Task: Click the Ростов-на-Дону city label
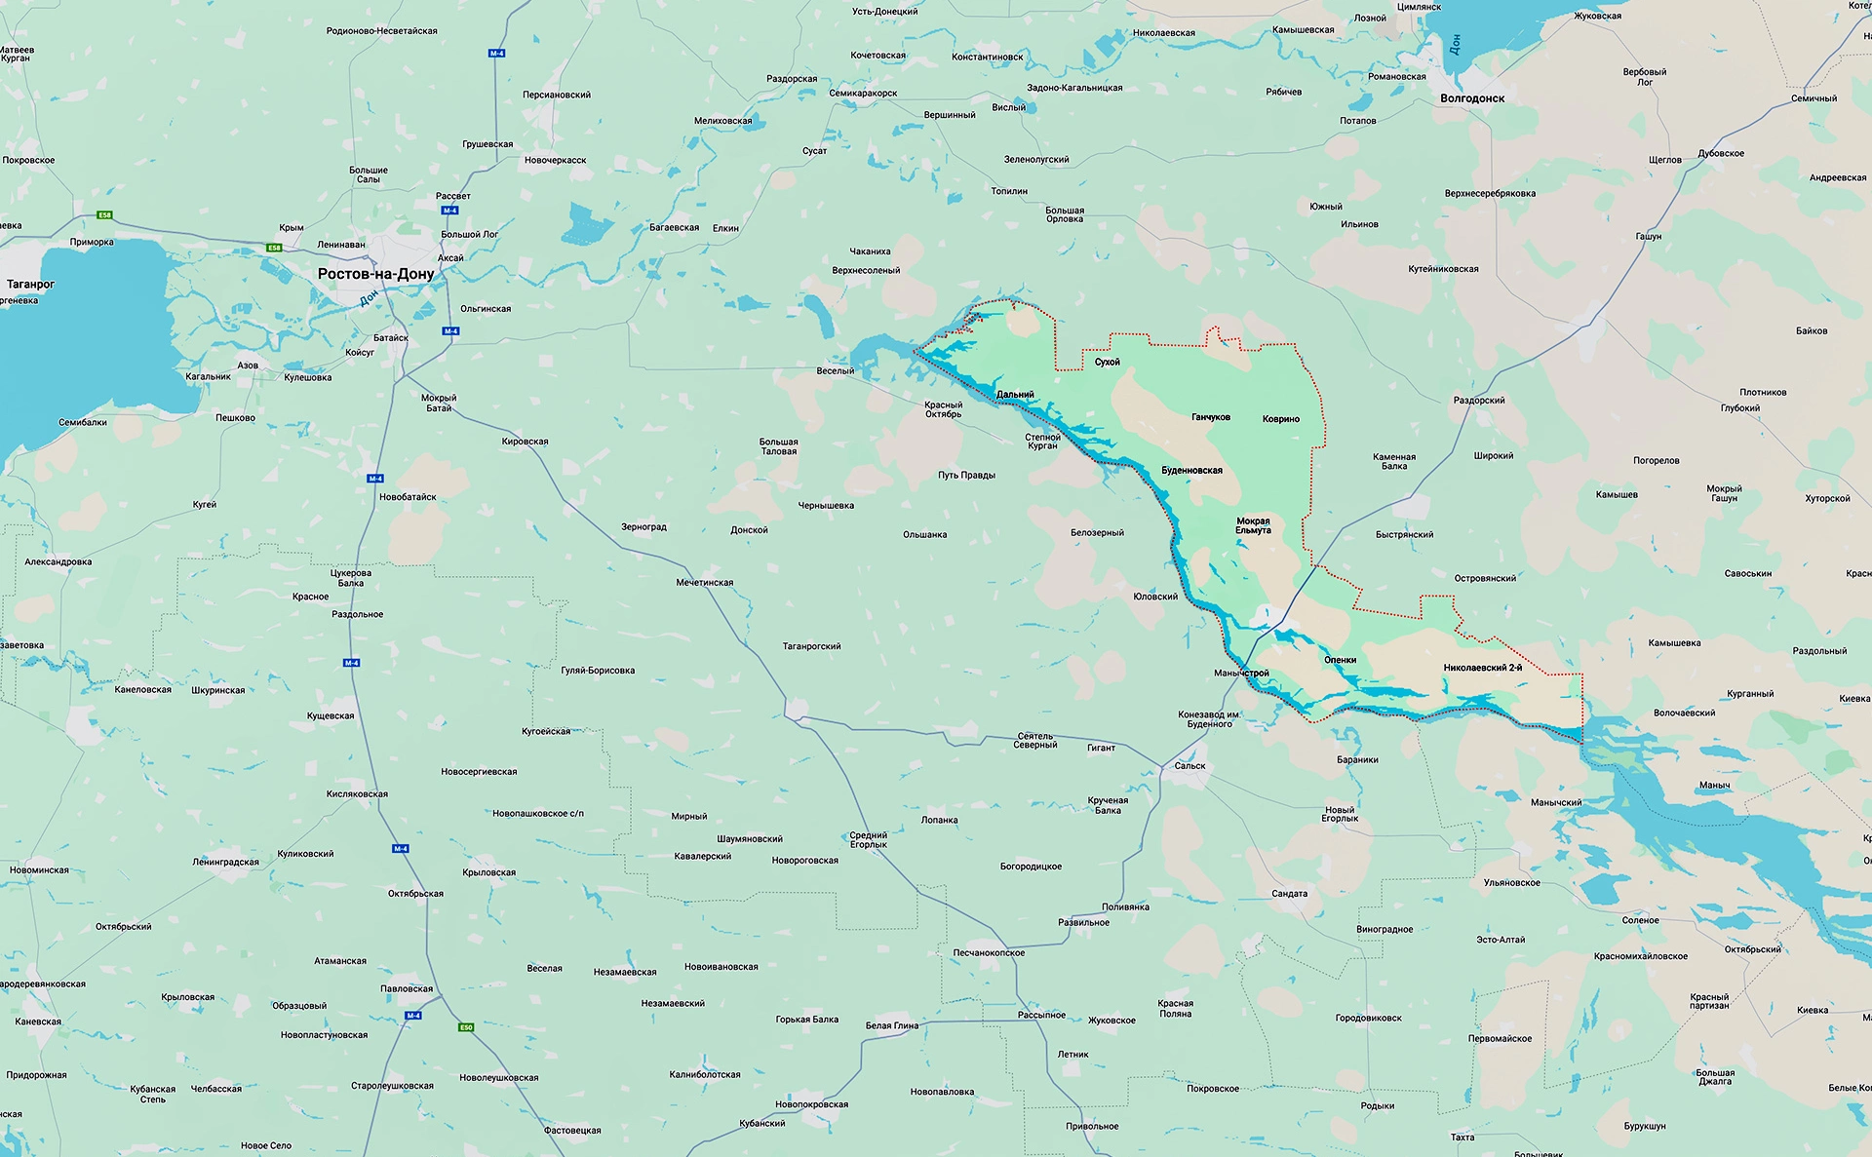(375, 274)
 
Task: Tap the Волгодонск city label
(1472, 98)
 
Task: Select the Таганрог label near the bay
(30, 285)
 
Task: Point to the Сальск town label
(1189, 765)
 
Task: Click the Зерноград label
(643, 526)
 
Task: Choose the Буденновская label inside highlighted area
(1191, 471)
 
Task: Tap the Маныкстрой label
(1241, 674)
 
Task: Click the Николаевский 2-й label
(1482, 668)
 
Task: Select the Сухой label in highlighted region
(1107, 363)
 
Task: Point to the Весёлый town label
(836, 371)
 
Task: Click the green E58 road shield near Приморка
(104, 214)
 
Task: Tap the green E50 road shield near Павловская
(466, 1026)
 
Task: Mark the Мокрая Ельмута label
(1253, 525)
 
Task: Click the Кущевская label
(331, 715)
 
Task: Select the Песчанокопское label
(989, 952)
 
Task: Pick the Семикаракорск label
(863, 94)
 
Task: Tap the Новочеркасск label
(555, 160)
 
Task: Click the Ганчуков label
(1210, 417)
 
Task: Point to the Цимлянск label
(1419, 7)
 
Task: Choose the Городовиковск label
(1368, 1018)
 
